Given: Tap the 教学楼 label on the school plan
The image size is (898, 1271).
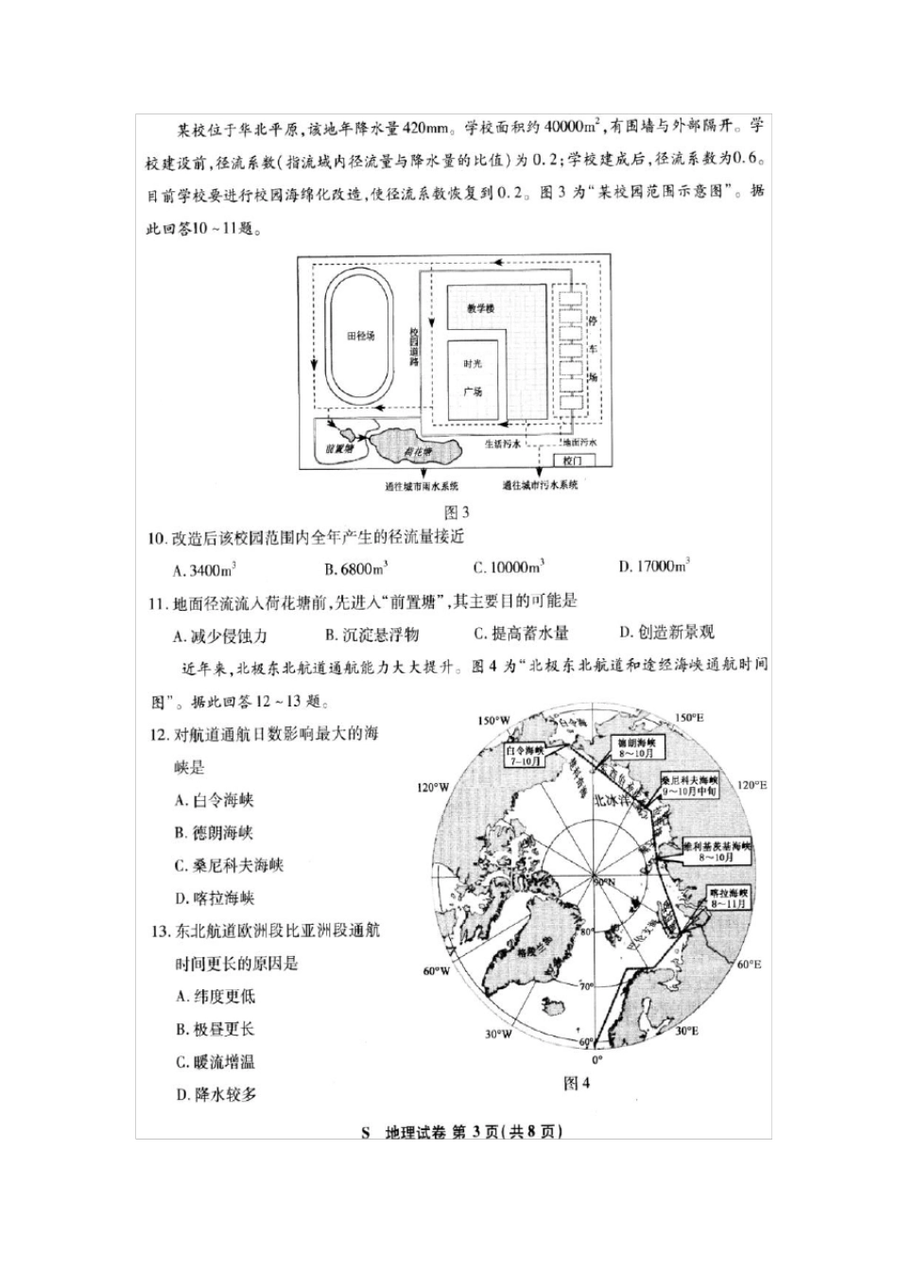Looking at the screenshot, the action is (480, 308).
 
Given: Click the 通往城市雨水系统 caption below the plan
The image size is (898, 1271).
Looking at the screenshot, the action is (422, 487).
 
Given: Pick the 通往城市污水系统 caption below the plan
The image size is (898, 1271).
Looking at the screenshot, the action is (540, 486).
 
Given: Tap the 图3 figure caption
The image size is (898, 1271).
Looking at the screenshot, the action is (457, 513).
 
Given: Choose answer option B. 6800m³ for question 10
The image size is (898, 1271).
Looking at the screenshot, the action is (356, 569).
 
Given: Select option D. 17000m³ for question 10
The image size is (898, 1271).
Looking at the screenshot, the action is (654, 567).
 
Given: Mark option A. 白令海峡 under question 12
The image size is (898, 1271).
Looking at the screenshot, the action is (215, 800).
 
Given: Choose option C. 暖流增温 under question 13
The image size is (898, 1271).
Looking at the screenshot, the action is (216, 1062).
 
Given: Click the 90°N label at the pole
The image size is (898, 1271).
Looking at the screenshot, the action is (601, 881).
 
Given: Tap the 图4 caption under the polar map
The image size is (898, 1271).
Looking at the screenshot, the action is (576, 1084).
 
